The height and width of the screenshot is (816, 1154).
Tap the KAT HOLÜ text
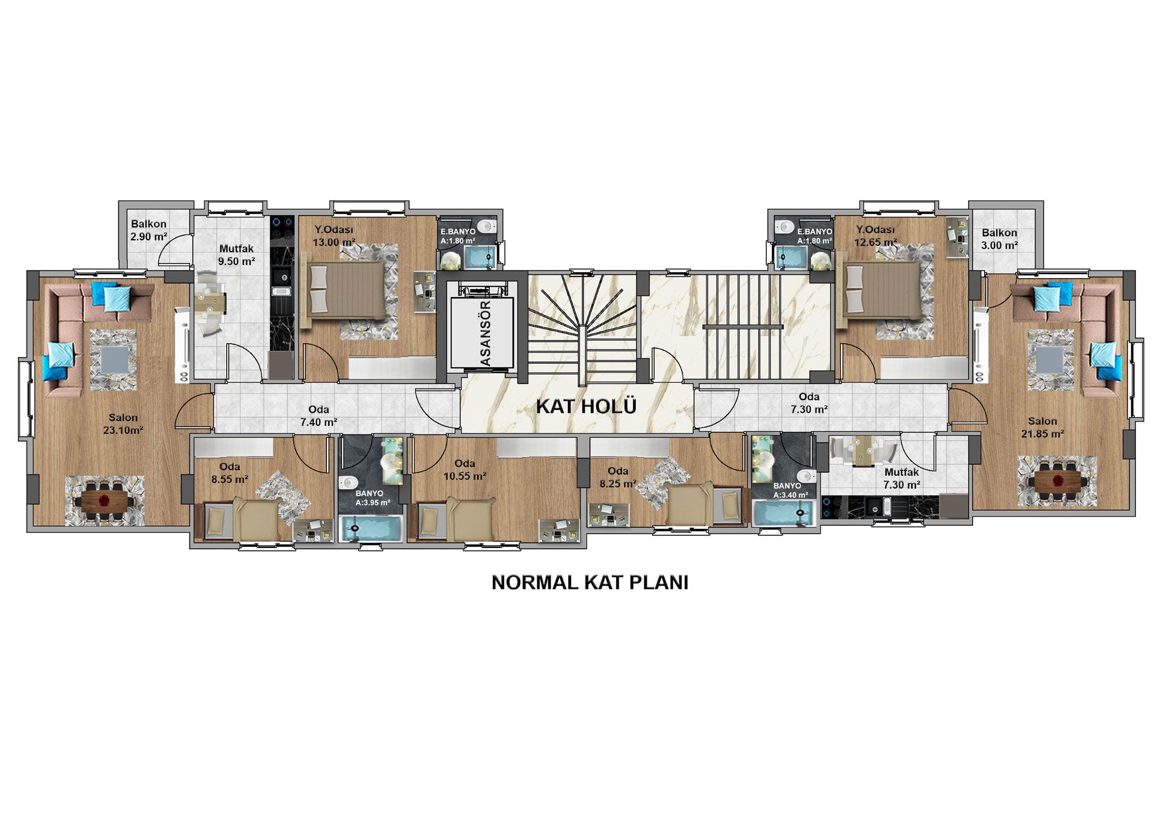586,407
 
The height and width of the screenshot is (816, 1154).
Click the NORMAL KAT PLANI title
590,583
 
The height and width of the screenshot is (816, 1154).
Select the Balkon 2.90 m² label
149,230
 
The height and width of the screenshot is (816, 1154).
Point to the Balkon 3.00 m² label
1000,239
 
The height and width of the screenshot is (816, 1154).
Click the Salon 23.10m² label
123,424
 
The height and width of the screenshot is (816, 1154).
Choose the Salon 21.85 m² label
1042,427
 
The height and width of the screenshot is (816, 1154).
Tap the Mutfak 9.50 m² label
236,255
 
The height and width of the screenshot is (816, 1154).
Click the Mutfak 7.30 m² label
902,479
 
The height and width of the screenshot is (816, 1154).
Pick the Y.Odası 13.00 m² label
334,236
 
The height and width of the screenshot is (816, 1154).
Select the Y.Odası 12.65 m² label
876,236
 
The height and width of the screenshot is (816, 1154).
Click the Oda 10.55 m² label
465,470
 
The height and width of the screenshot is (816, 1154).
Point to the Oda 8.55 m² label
230,473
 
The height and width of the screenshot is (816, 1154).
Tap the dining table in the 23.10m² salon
105,499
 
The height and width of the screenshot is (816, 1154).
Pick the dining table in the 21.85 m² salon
1057,481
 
